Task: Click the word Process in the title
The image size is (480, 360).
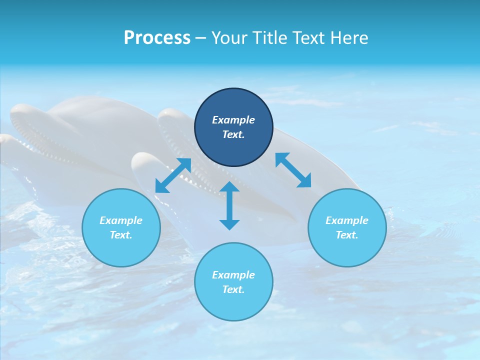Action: click(x=157, y=38)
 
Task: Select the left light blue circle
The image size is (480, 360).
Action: click(x=121, y=250)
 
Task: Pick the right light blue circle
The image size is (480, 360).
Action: click(x=347, y=250)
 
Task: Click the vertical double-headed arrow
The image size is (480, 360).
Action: click(x=229, y=205)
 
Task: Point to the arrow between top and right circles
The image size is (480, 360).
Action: click(x=293, y=170)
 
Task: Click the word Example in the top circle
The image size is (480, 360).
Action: click(x=233, y=120)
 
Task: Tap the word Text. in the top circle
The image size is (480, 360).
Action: click(x=233, y=134)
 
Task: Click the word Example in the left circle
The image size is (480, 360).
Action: click(x=121, y=220)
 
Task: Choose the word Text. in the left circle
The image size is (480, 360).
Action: click(x=121, y=235)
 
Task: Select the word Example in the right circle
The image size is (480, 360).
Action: click(x=347, y=220)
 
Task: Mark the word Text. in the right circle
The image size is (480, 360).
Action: click(x=347, y=235)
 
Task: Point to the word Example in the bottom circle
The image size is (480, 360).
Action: click(x=233, y=275)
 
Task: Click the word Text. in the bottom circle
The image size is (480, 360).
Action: click(x=233, y=289)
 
